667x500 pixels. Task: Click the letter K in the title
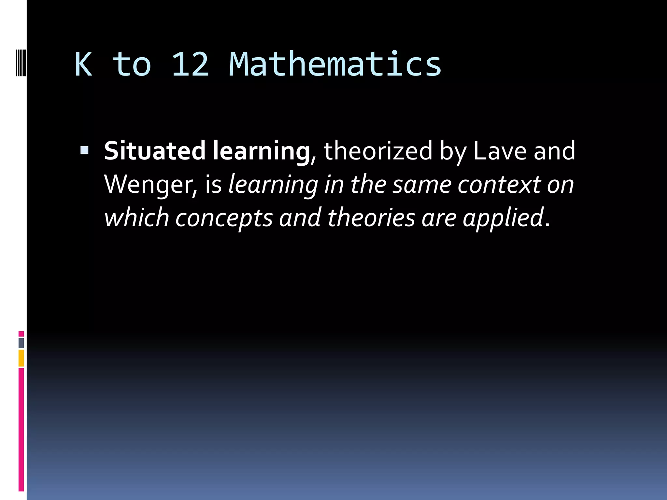pyautogui.click(x=83, y=64)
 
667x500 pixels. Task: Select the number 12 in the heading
pyautogui.click(x=190, y=64)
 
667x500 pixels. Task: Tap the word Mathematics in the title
pyautogui.click(x=335, y=64)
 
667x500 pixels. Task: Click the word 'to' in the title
pyautogui.click(x=132, y=65)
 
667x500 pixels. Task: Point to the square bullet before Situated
pyautogui.click(x=84, y=150)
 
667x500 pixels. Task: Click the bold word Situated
pyautogui.click(x=155, y=151)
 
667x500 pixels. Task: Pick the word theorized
pyautogui.click(x=378, y=151)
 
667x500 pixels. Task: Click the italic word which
pyautogui.click(x=136, y=217)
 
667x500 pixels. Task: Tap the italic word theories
pyautogui.click(x=371, y=217)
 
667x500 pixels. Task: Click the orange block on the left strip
pyautogui.click(x=21, y=358)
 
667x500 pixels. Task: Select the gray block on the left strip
pyautogui.click(x=21, y=343)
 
